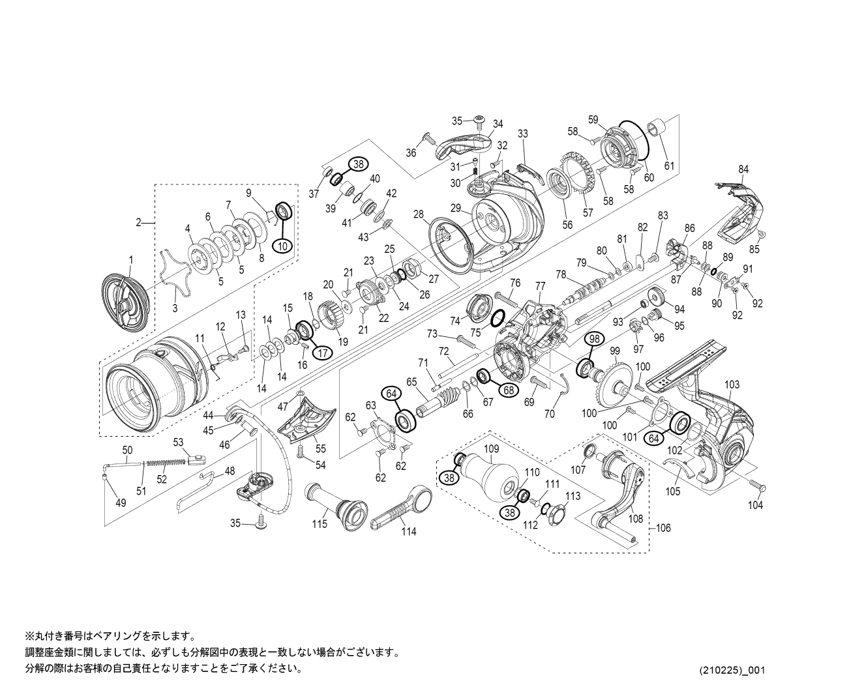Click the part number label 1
click(130, 259)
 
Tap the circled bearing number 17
click(322, 352)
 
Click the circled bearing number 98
click(594, 339)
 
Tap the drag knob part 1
click(126, 300)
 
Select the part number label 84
click(743, 169)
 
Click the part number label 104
click(756, 505)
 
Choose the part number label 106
click(663, 528)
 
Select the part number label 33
click(522, 134)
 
